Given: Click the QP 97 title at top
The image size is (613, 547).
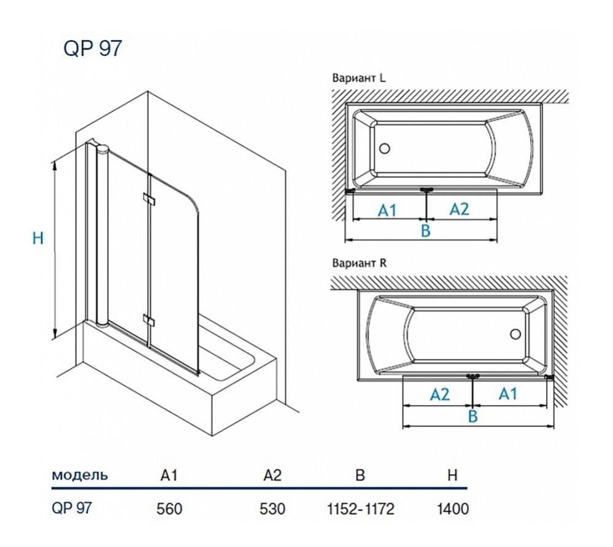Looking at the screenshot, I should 93,48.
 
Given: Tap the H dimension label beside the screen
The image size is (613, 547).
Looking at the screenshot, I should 38,238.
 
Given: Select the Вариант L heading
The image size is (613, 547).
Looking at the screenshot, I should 359,79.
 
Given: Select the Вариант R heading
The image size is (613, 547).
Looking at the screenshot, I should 359,264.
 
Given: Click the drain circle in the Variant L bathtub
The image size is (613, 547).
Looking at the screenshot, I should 385,149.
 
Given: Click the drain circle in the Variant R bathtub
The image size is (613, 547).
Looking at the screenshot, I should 516,335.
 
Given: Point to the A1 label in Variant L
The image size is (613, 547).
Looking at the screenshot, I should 387,211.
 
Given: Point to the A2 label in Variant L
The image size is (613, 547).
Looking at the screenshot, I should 459,209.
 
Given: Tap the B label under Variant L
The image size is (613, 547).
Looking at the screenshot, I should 425,231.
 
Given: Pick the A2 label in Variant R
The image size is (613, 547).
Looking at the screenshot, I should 439,394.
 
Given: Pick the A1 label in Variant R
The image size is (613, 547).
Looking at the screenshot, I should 507,394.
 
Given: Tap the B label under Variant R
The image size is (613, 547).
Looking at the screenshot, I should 473,417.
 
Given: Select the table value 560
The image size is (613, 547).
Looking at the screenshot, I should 170,508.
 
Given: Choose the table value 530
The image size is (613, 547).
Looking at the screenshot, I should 273,508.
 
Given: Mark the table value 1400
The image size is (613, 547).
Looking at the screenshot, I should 453,508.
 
